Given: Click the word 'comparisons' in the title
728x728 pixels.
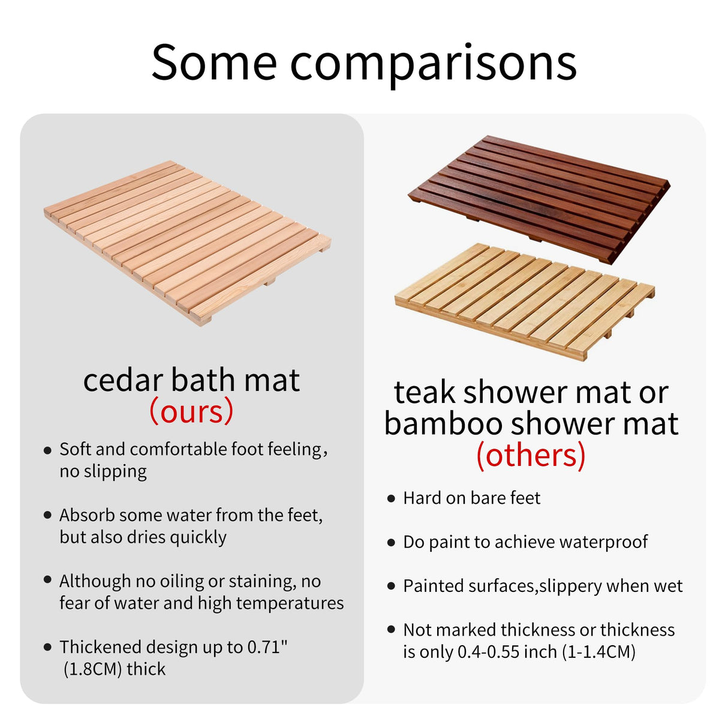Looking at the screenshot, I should point(433,63).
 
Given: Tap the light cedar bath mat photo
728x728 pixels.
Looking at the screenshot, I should point(187,243).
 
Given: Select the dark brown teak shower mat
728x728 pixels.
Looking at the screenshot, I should point(539,198).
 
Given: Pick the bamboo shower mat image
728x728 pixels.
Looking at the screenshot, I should point(525,300).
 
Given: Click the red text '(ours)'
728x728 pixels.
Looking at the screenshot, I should point(191,411).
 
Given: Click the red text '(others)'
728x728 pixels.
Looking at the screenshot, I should point(531,455).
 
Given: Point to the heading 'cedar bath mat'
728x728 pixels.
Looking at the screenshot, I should point(191,380).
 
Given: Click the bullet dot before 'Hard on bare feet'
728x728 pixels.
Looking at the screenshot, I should point(391,498).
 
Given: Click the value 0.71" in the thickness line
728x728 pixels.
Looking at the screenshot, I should point(267,647).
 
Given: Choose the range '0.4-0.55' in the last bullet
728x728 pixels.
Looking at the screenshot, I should point(489,652).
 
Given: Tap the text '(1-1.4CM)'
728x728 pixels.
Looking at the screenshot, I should point(598,652).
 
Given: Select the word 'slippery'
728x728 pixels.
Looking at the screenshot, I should point(570,586).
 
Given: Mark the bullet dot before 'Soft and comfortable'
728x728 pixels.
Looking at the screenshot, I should point(47,450).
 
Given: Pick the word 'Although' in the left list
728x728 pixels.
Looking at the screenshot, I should point(95,581).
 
